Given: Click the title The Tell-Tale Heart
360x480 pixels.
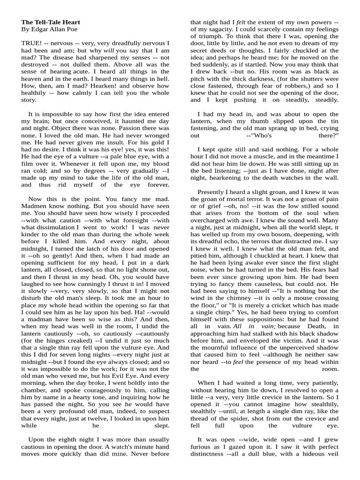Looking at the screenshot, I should tap(51, 22).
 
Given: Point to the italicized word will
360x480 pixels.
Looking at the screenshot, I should tap(109, 50).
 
